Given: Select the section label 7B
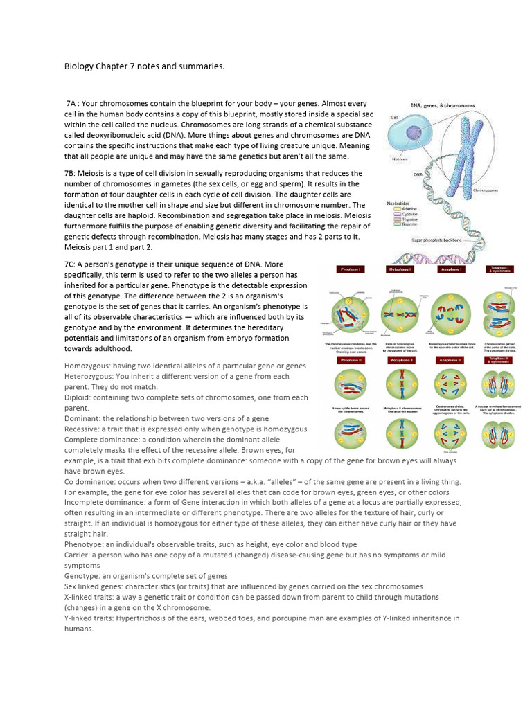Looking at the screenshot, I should click(71, 173).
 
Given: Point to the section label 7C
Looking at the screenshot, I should click(71, 264).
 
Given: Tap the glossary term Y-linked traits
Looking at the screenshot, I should click(89, 618).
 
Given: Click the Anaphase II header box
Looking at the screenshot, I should click(451, 361).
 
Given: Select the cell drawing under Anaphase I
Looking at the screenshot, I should click(451, 309).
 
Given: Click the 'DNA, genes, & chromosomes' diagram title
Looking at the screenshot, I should click(443, 105).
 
